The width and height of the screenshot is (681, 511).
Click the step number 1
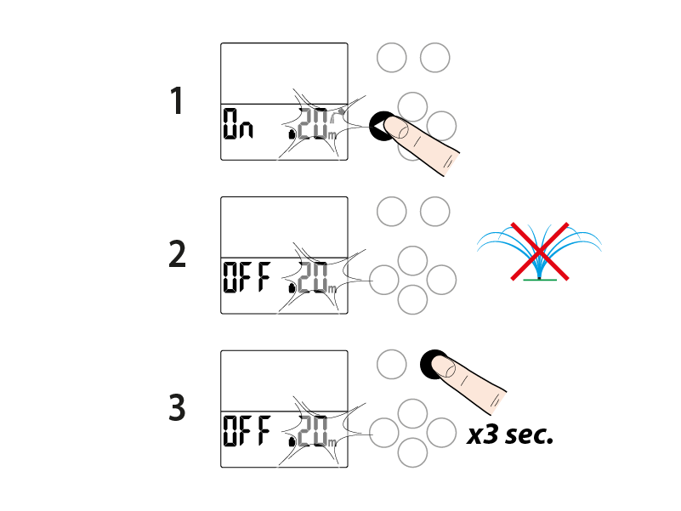177,101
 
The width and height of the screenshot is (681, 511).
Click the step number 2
177,254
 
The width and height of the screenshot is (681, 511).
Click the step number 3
177,408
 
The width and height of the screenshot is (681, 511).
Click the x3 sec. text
510,436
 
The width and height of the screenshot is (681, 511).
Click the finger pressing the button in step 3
473,383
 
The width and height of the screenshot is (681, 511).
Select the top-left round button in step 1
391,58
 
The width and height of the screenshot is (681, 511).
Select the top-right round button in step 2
434,211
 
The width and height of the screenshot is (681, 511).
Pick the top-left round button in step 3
391,364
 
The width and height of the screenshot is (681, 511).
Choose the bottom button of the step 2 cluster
412,299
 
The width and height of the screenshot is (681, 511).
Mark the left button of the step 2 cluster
385,278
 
